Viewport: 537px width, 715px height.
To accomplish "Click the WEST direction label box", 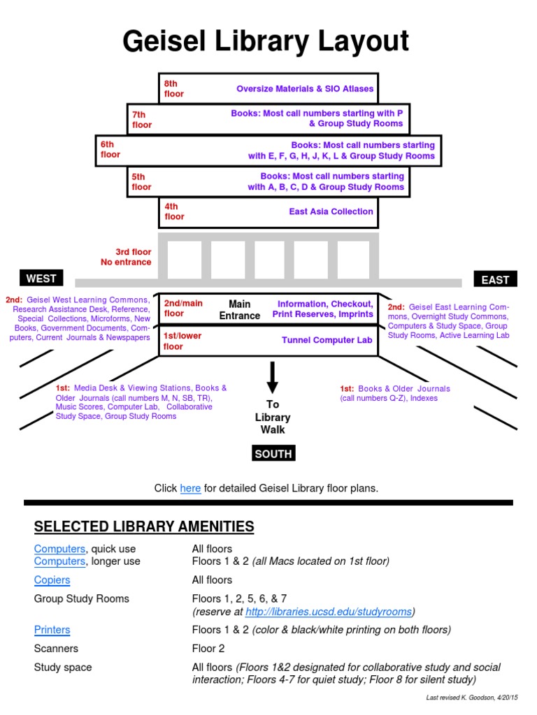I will pyautogui.click(x=41, y=279).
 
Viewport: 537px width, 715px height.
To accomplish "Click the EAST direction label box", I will pyautogui.click(x=495, y=279).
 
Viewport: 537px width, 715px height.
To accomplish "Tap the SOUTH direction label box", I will pyautogui.click(x=273, y=454).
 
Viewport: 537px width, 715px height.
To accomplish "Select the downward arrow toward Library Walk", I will pyautogui.click(x=273, y=378).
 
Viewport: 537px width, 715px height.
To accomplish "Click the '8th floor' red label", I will pyautogui.click(x=174, y=89).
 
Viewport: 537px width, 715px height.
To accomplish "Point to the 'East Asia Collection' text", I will pyautogui.click(x=331, y=212).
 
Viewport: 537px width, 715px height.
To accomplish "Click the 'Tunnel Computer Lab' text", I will pyautogui.click(x=327, y=340).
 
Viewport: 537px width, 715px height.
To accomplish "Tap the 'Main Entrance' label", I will pyautogui.click(x=239, y=309).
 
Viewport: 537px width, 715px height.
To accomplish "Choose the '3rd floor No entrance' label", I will pyautogui.click(x=126, y=257).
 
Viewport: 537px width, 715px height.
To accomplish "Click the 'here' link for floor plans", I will pyautogui.click(x=190, y=488).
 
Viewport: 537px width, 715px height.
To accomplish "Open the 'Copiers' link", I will pyautogui.click(x=52, y=580).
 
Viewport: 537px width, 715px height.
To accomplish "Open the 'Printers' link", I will pyautogui.click(x=52, y=629).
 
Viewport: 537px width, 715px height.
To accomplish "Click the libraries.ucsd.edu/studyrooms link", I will pyautogui.click(x=329, y=612).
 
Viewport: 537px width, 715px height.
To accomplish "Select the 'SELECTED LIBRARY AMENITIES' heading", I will pyautogui.click(x=144, y=526).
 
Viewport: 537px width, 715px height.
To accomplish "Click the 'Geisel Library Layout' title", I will pyautogui.click(x=266, y=41).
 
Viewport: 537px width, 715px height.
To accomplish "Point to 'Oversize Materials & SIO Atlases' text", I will pyautogui.click(x=305, y=89).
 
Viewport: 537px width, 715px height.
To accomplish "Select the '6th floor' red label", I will pyautogui.click(x=110, y=149).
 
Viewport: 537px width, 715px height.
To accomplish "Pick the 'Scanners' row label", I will pyautogui.click(x=56, y=649).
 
